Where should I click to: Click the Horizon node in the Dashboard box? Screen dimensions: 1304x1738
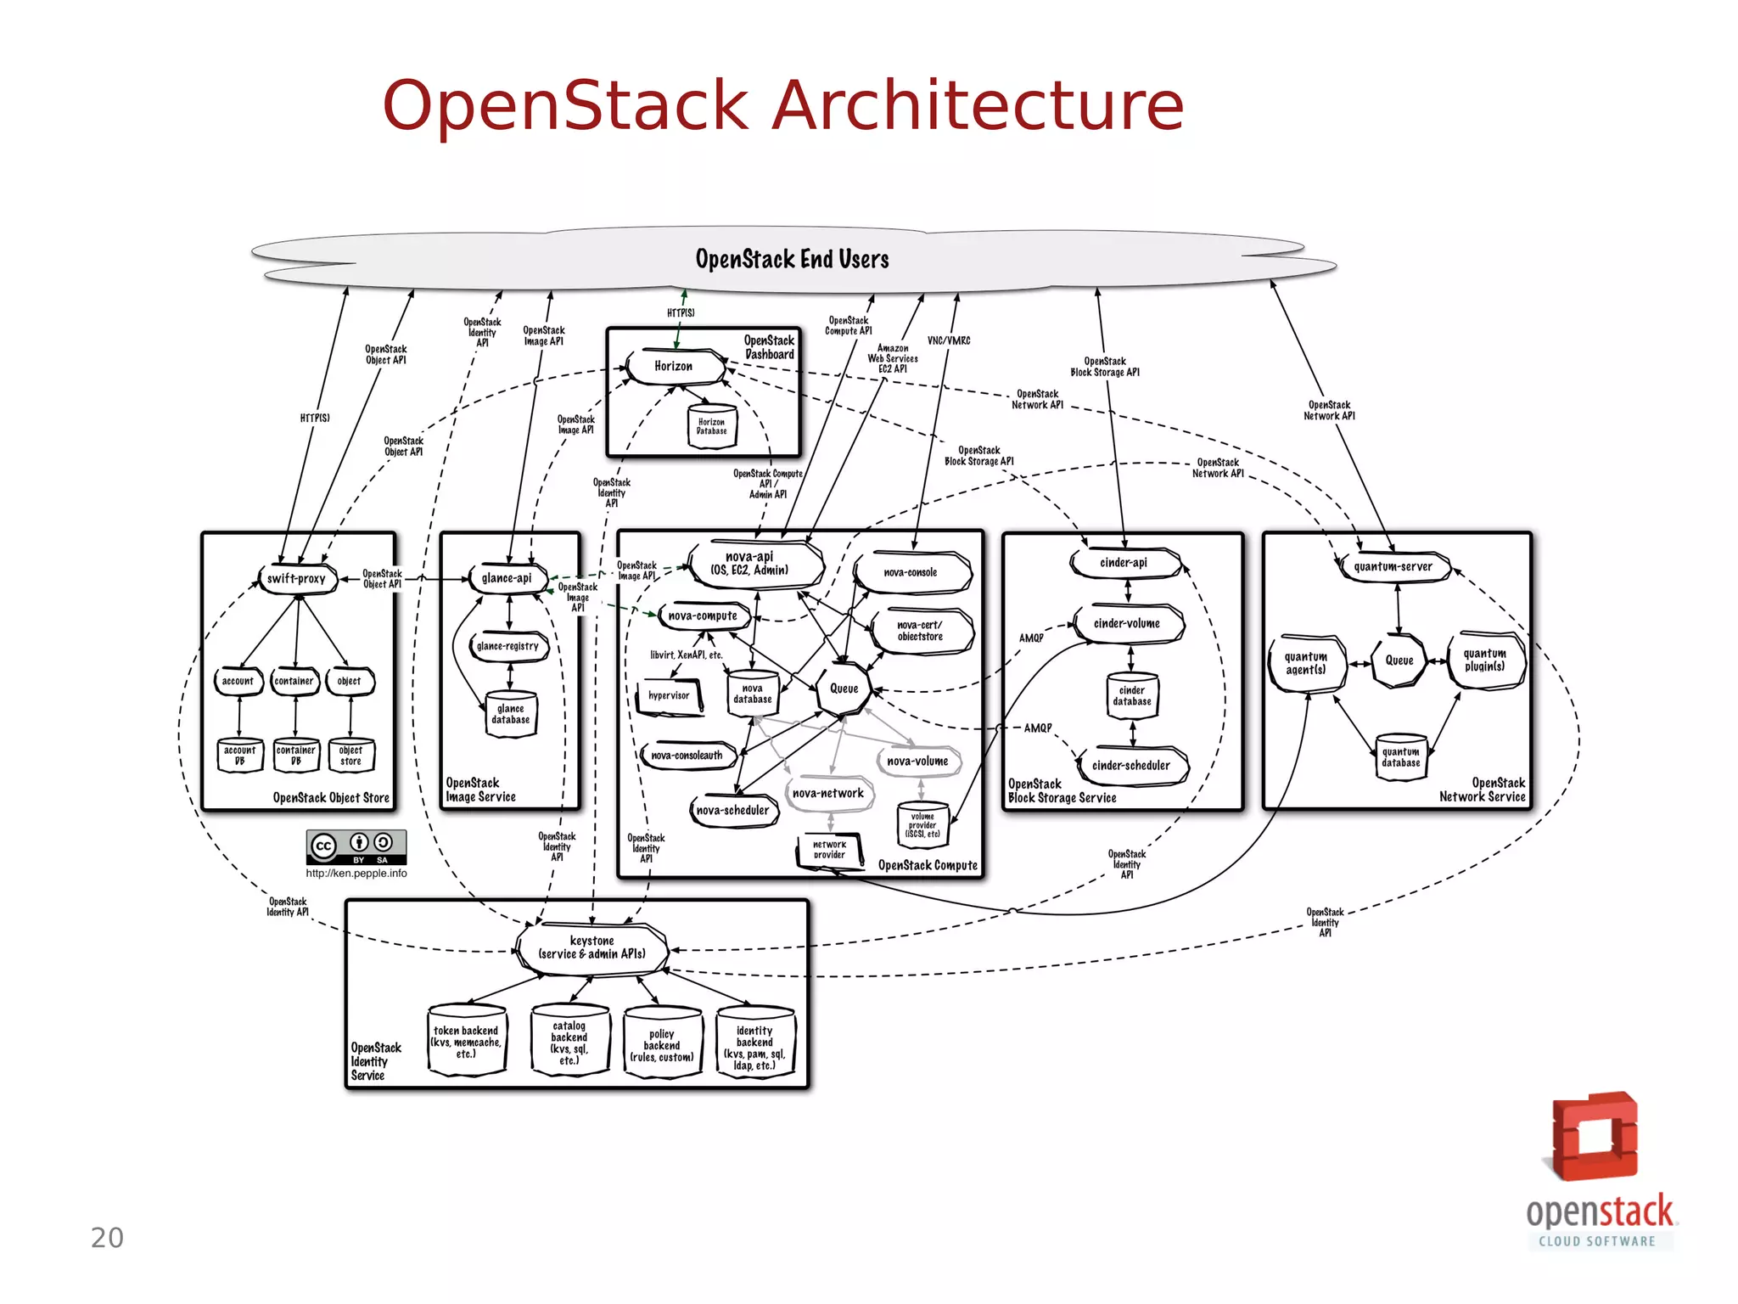click(674, 366)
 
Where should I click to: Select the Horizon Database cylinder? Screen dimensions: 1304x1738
click(711, 426)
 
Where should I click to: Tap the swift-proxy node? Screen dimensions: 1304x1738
click(296, 579)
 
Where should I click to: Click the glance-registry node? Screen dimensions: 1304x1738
click(507, 646)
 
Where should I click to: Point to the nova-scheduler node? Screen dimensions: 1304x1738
click(732, 810)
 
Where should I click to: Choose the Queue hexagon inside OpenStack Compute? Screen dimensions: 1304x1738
click(844, 689)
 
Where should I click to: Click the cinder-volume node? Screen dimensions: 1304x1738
click(1126, 623)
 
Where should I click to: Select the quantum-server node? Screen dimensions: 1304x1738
click(1393, 566)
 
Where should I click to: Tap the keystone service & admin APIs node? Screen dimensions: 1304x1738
click(591, 947)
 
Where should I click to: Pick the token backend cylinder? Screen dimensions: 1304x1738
click(466, 1042)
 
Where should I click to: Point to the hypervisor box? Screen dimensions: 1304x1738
click(669, 695)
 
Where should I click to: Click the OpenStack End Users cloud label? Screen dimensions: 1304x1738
click(792, 259)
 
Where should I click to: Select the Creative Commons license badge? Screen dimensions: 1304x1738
click(356, 846)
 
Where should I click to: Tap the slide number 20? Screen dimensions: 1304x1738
click(107, 1238)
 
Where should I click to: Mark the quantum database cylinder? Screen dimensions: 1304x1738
click(1400, 756)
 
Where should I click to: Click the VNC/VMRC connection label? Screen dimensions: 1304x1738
click(949, 340)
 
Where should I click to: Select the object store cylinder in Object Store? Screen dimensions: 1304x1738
click(350, 756)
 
